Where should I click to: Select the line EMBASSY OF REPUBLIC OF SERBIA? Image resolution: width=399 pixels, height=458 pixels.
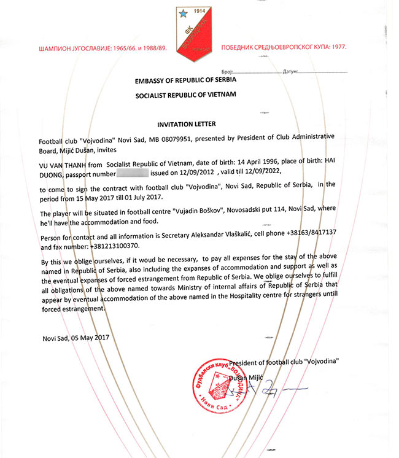[185, 81]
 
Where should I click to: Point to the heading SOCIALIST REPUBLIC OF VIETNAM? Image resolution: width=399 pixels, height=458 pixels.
[186, 96]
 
